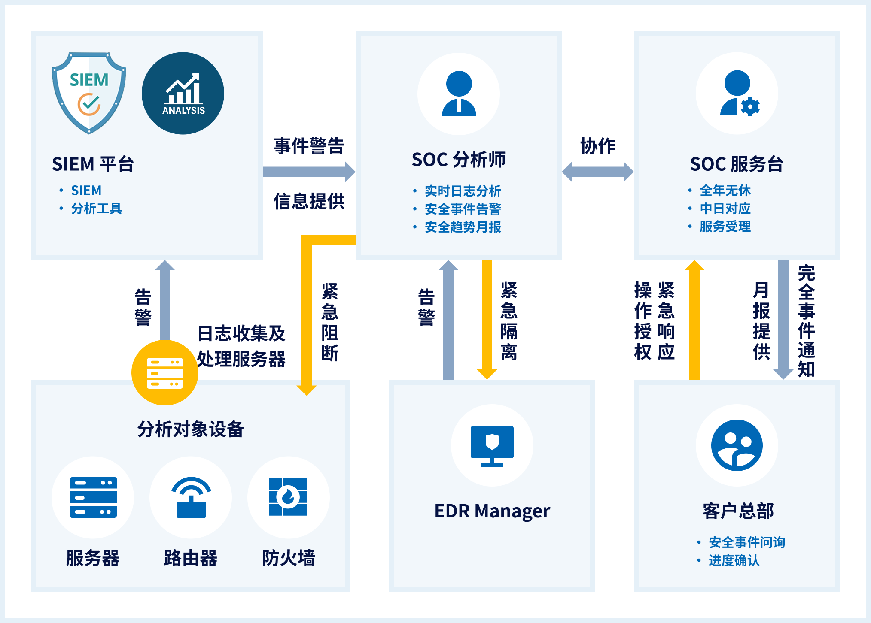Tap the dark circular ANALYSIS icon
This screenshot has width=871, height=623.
coord(183,94)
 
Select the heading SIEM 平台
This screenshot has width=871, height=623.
coord(93,164)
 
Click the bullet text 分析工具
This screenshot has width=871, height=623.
coord(96,209)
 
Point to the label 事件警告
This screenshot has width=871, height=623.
coord(309,146)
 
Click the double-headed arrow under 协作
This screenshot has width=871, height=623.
coord(597,172)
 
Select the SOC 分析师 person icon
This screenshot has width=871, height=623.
coord(459,94)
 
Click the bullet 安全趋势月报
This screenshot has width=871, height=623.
coord(463,227)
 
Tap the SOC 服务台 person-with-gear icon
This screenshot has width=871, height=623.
coord(737,94)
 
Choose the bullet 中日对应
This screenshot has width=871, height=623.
coord(725,209)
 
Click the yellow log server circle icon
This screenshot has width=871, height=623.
coord(165,373)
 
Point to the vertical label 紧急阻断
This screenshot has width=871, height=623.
coord(330,322)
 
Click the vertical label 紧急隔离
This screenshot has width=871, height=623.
coord(509,321)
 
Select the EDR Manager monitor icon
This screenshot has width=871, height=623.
coord(492,445)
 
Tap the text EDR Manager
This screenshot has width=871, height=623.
coord(492,511)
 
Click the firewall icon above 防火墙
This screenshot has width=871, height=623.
coord(288,497)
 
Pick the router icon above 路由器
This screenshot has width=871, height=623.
coord(191,497)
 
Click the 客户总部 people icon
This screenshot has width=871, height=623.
coord(737,445)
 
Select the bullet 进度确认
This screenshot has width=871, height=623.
coord(734,560)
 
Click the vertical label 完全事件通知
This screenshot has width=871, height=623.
coord(806,321)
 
